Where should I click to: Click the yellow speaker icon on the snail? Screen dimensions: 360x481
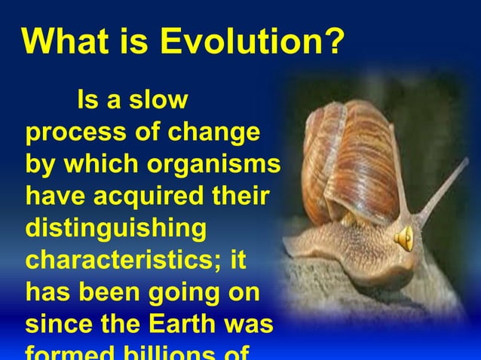point(403,238)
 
